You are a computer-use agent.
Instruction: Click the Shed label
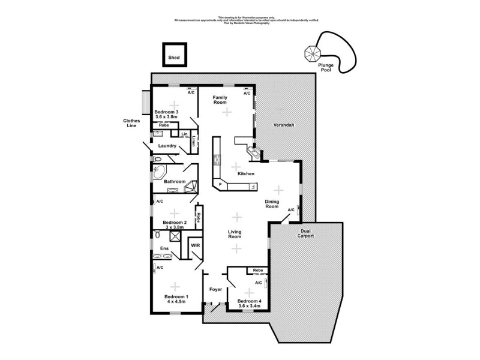click(173, 58)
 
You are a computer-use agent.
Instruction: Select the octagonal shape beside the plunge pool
click(313, 54)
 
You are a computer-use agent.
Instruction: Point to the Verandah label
click(284, 125)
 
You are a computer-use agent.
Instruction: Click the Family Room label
click(220, 100)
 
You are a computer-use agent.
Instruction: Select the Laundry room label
click(167, 146)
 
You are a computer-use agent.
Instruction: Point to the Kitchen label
click(247, 173)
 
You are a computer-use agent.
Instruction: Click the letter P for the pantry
click(220, 184)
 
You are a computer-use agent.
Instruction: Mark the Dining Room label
click(273, 204)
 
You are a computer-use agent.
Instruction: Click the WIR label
click(195, 246)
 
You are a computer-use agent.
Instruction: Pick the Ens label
click(163, 248)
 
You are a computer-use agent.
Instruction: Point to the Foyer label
click(215, 290)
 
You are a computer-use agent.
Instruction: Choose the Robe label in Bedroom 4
click(257, 271)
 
